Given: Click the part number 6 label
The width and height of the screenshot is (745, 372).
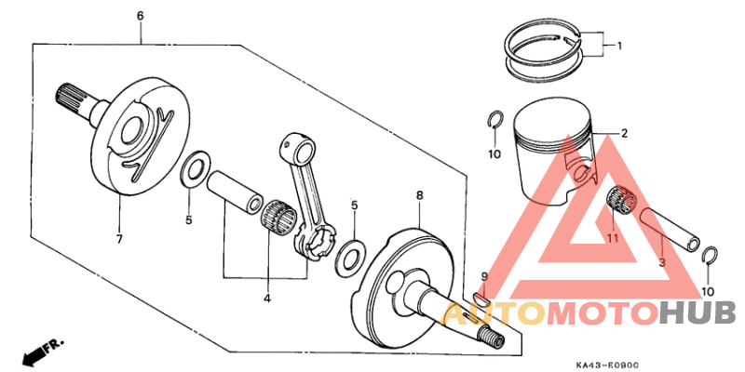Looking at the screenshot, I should (x=140, y=17).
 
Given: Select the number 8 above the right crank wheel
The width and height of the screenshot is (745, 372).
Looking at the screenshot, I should (x=420, y=195).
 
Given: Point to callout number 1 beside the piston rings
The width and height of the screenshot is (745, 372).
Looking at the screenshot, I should (x=618, y=45).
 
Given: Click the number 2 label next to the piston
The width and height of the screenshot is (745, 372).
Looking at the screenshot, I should (x=624, y=133).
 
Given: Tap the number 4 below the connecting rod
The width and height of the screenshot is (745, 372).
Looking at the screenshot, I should (x=266, y=299).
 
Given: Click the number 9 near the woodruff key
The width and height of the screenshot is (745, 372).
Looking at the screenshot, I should (x=483, y=277).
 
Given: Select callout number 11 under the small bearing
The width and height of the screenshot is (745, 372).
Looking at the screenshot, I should (x=612, y=239).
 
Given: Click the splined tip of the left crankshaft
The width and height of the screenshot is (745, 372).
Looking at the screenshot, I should (x=68, y=94).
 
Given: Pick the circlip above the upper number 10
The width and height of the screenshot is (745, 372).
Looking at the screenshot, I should (x=496, y=120).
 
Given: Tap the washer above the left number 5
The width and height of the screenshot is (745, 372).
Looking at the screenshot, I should (x=194, y=170).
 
